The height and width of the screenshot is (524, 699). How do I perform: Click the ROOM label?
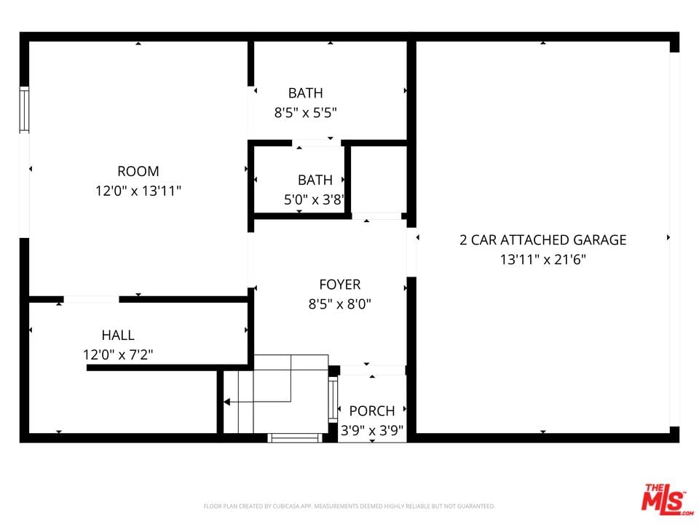[x=138, y=171]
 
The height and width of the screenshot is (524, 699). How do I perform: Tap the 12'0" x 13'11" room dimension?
[x=138, y=191]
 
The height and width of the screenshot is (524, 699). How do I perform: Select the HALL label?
[x=118, y=335]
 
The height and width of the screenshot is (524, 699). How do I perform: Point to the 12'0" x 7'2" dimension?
[x=118, y=355]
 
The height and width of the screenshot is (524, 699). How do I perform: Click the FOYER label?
[x=340, y=285]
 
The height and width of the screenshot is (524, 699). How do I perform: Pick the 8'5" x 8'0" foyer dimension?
[x=340, y=304]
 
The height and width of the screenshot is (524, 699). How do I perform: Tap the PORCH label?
[x=372, y=410]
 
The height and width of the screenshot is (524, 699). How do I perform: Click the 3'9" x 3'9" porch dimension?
[x=372, y=431]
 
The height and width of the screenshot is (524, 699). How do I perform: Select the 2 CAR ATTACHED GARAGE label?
[x=543, y=240]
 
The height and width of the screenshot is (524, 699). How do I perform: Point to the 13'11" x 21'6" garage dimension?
[x=543, y=259]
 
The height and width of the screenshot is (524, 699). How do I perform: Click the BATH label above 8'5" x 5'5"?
[x=305, y=93]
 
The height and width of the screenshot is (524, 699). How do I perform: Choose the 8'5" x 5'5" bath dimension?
[x=305, y=113]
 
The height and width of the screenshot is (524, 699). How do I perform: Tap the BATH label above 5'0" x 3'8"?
[x=315, y=180]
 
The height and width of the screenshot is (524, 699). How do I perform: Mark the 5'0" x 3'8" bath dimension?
[x=314, y=199]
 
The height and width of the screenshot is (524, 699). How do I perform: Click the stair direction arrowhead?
[x=226, y=402]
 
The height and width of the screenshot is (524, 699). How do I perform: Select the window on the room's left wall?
[x=24, y=110]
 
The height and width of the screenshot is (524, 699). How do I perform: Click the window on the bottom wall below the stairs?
[x=295, y=438]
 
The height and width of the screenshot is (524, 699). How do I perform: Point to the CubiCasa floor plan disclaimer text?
[x=349, y=507]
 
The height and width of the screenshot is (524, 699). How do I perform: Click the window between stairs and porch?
[x=333, y=400]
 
